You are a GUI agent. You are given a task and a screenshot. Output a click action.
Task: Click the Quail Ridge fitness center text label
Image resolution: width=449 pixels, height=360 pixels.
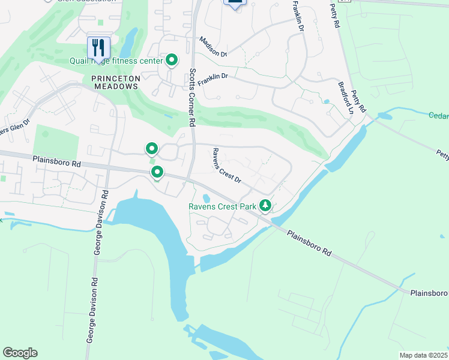(x=125, y=61)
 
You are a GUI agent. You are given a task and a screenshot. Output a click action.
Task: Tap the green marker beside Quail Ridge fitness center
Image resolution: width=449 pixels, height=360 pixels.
(x=172, y=59)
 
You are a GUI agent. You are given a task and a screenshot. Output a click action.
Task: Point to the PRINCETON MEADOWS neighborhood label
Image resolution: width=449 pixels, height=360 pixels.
(x=115, y=82)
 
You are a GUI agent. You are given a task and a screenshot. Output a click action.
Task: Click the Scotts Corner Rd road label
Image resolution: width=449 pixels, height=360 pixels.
(x=191, y=97)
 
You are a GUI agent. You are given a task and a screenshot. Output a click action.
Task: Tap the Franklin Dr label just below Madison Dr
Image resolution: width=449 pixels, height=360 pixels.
(x=213, y=79)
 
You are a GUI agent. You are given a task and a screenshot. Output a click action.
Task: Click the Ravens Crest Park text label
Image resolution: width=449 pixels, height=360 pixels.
(x=222, y=206)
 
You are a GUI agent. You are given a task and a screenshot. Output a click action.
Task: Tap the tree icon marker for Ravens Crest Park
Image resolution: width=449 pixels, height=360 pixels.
(x=265, y=206)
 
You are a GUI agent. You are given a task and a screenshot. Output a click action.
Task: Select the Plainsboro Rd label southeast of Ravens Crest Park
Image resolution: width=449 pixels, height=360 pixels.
(x=309, y=244)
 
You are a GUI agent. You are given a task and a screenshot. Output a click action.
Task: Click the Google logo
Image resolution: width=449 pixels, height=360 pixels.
(x=20, y=353)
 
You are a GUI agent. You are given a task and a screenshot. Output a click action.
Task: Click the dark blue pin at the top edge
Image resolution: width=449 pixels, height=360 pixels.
(x=235, y=3)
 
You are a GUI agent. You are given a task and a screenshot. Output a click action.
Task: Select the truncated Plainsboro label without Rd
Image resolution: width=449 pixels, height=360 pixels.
(x=429, y=293)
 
